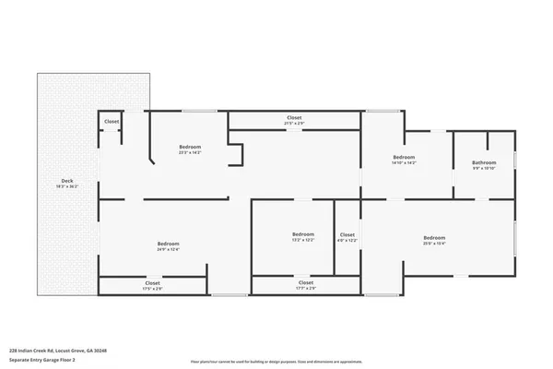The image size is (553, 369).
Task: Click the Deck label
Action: (67, 180)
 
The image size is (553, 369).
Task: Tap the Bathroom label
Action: (484, 162)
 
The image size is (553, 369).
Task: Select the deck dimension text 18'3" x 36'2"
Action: (67, 186)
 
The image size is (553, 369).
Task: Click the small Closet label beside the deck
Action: (112, 122)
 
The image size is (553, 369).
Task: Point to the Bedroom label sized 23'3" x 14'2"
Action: (190, 147)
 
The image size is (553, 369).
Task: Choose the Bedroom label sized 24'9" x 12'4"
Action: (168, 244)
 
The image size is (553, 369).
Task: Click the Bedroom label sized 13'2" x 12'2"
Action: (303, 233)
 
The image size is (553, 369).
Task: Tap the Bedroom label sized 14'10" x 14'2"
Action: (405, 157)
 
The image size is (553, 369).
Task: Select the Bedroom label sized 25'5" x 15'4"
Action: (434, 238)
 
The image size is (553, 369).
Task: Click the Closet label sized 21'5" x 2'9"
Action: (294, 117)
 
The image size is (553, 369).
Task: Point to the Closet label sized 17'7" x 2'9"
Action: (306, 282)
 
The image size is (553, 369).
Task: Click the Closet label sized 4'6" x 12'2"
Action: (347, 234)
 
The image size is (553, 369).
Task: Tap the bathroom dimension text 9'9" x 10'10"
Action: (484, 169)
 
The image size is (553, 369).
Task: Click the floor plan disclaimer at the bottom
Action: (276, 361)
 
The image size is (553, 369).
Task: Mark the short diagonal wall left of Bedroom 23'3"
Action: (154, 161)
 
